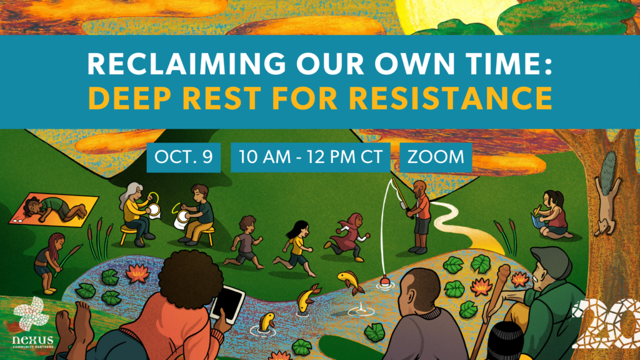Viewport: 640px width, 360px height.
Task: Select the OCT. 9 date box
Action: point(184,157)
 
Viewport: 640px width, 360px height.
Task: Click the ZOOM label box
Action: point(436,157)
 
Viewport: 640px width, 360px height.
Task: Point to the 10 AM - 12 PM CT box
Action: point(310,157)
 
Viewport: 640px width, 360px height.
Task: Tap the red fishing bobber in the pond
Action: point(384,281)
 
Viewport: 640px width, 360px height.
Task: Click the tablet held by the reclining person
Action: point(227,304)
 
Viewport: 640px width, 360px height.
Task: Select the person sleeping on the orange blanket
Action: point(55,208)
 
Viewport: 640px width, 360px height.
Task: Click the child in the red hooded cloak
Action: point(348,237)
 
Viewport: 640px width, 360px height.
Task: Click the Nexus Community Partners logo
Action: point(32,323)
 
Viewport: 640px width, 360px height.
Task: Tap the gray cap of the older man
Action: point(551,261)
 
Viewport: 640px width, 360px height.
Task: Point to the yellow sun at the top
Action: point(445,16)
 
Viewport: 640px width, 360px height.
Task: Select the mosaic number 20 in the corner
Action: point(606,324)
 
